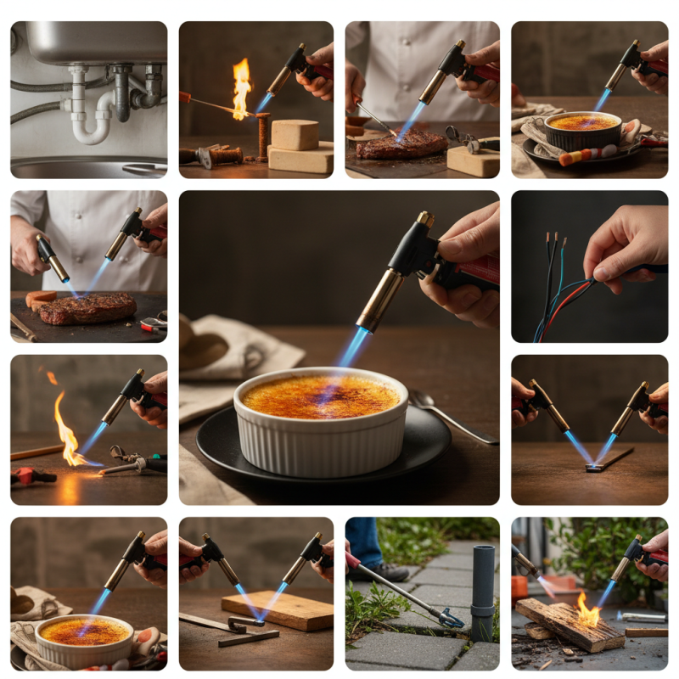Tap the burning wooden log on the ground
pos(569,625)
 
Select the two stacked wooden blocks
pos(299,146)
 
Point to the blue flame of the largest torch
pos(351,347)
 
